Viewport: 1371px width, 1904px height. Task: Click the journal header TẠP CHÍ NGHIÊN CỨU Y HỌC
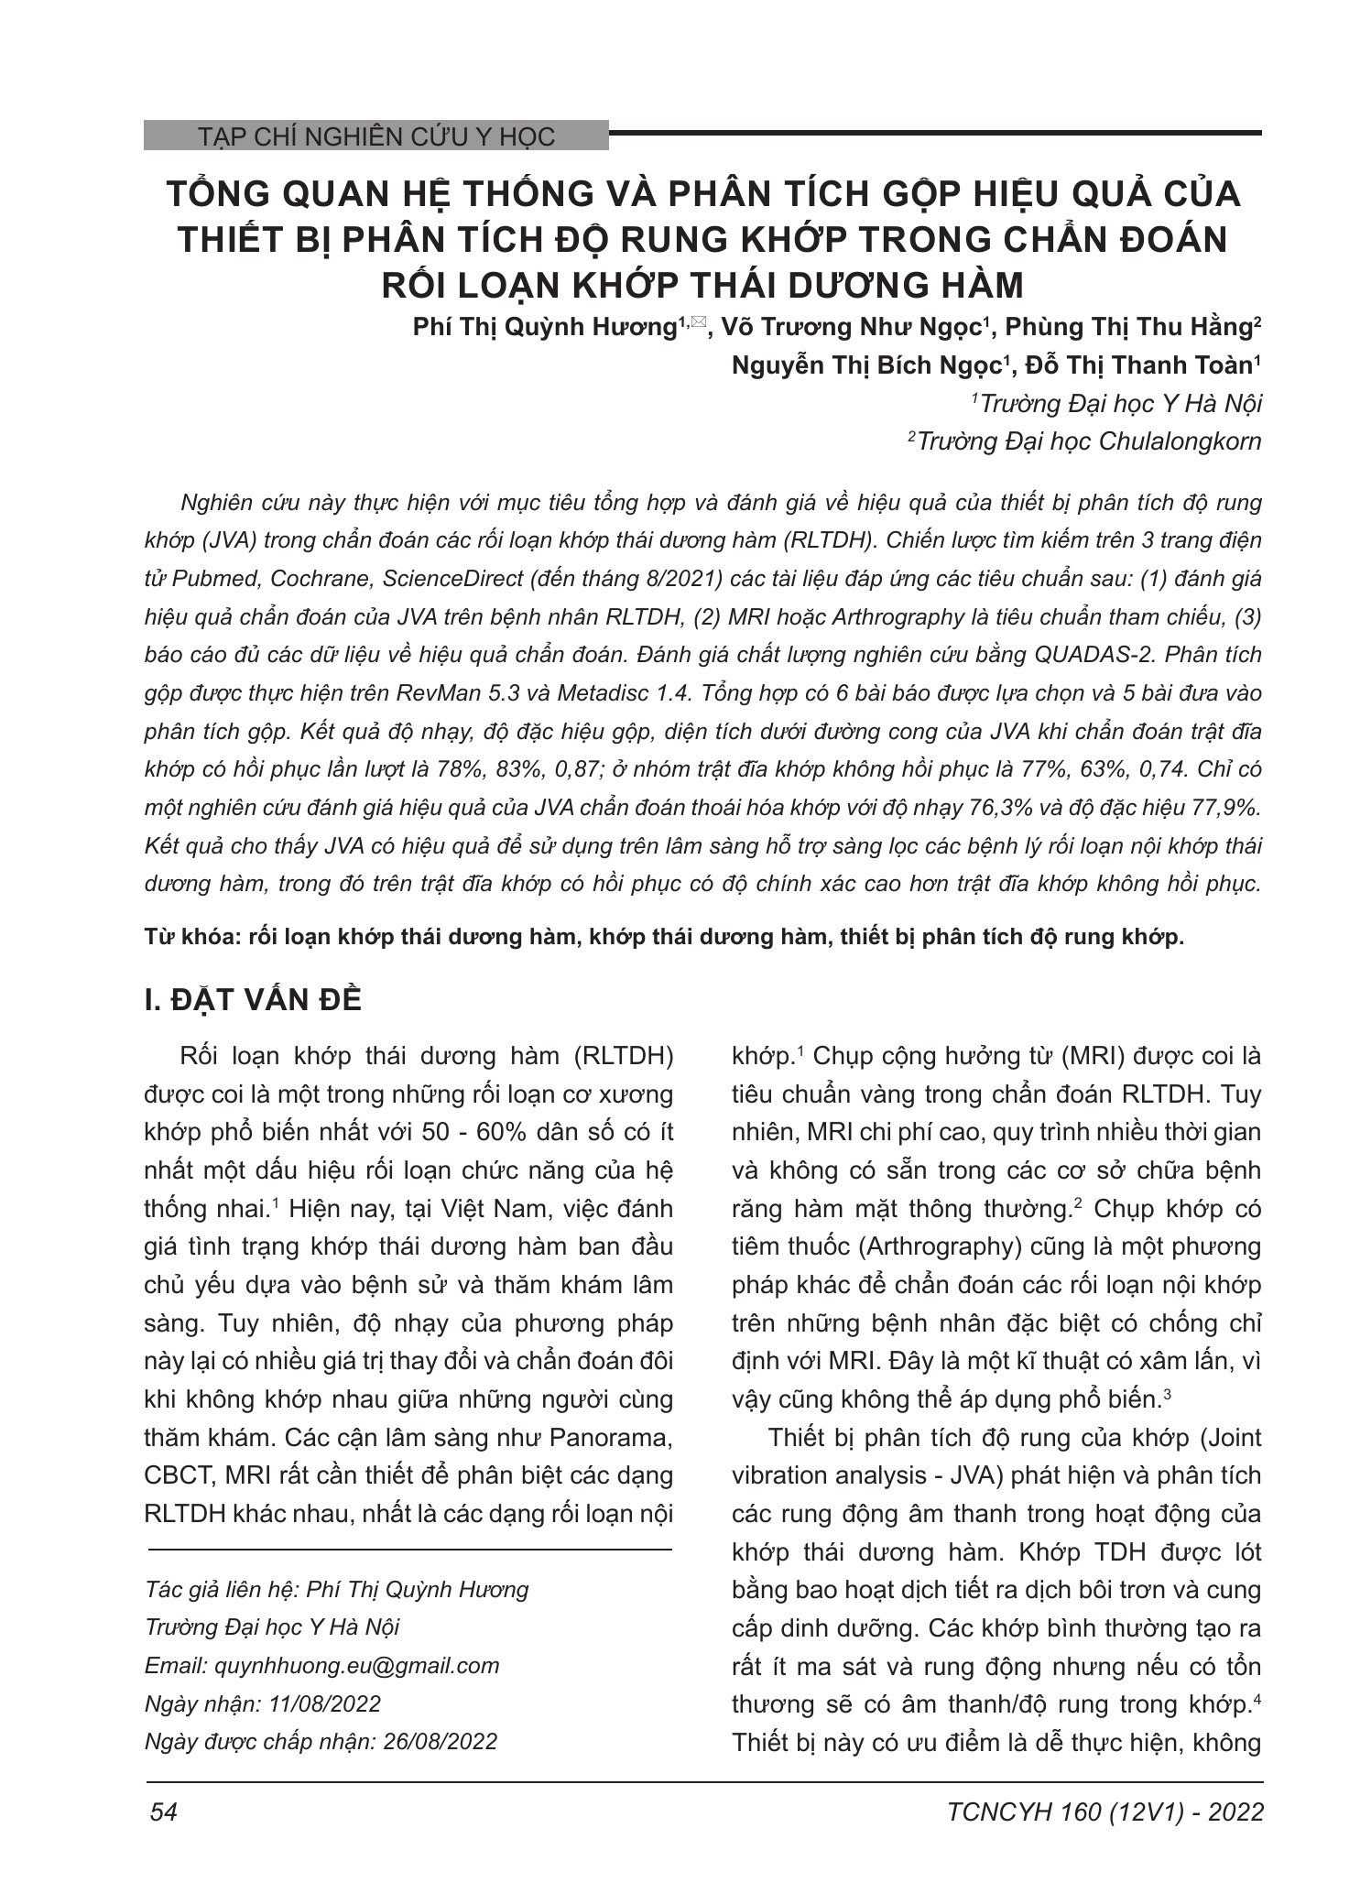point(376,137)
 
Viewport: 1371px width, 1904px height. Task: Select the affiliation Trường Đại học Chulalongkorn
point(1088,441)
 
